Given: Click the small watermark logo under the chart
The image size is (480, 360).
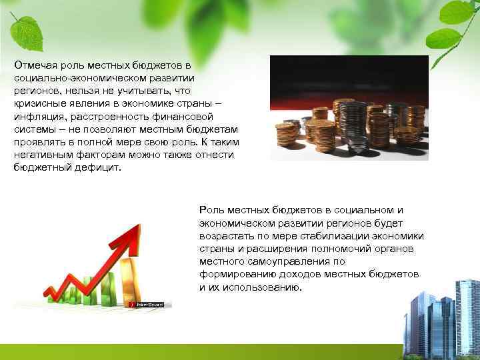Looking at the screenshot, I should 150,304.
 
